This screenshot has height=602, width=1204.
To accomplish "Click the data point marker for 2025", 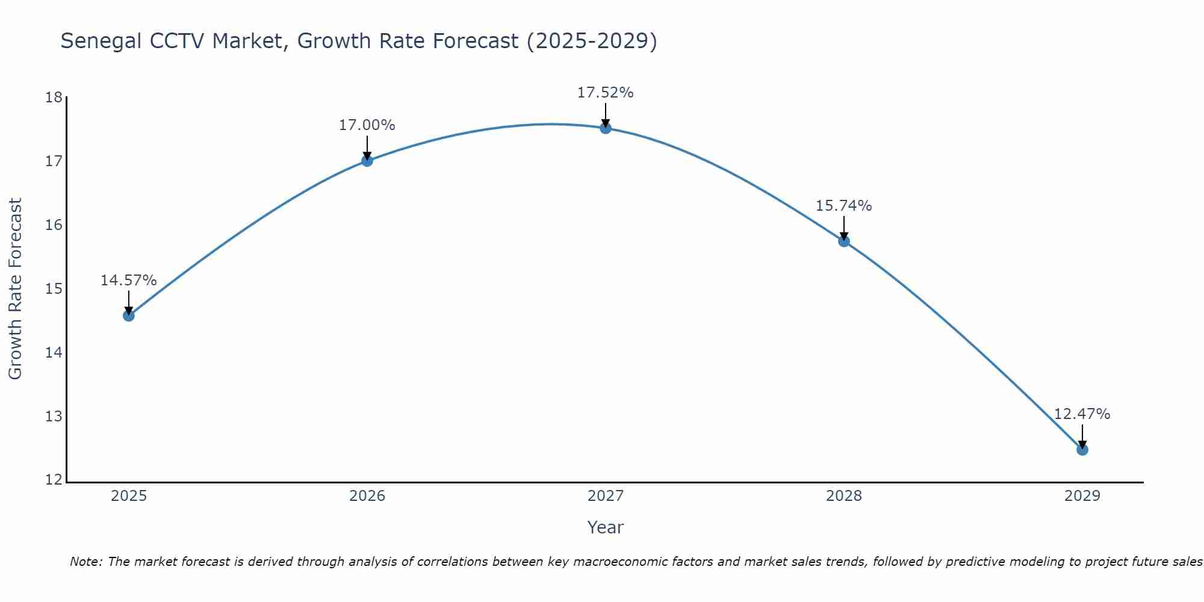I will [129, 315].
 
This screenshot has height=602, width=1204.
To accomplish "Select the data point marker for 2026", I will [367, 161].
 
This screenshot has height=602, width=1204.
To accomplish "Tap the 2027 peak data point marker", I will [606, 128].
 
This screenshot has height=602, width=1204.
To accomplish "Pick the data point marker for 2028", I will [844, 241].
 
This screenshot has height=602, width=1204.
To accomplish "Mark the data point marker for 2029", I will [1082, 450].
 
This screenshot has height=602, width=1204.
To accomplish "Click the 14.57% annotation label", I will [128, 281].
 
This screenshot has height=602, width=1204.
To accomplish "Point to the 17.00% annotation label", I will [367, 125].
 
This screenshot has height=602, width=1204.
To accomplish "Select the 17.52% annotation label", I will [605, 93].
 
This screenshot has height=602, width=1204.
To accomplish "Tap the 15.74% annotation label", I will [843, 206].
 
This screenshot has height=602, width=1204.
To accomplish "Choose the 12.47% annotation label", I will [1082, 414].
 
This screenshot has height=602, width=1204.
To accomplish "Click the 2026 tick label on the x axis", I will [367, 496].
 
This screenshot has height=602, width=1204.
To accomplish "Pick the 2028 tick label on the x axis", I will [844, 496].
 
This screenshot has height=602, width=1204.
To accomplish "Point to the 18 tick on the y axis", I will [54, 98].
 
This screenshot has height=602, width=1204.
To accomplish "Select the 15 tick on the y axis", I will [54, 289].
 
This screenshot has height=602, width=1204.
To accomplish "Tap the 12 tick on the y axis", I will [54, 480].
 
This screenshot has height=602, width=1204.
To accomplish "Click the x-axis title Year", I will [605, 527].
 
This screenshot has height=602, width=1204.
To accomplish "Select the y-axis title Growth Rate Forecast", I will [16, 288].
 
